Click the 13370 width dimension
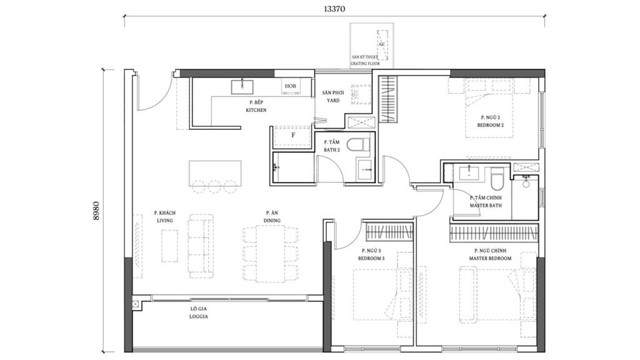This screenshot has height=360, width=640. pyautogui.click(x=334, y=9)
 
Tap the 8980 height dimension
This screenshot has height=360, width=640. pyautogui.click(x=96, y=211)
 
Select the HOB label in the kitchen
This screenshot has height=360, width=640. pyautogui.click(x=290, y=86)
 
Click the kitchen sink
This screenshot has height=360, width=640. pyautogui.click(x=242, y=87)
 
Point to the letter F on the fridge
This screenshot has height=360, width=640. pyautogui.click(x=293, y=135)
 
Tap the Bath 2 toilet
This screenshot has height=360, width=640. pyautogui.click(x=358, y=144)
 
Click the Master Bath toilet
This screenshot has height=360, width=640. pyautogui.click(x=497, y=178)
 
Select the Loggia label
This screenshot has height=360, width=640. pyautogui.click(x=199, y=312)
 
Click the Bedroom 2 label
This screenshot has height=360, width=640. pyautogui.click(x=490, y=121)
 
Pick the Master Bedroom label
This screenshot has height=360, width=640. pyautogui.click(x=490, y=254)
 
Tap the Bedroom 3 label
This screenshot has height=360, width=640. pyautogui.click(x=371, y=254)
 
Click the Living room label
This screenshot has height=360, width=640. pyautogui.click(x=165, y=217)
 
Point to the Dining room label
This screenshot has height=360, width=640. pyautogui.click(x=272, y=217)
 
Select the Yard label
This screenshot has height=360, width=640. pyautogui.click(x=333, y=97)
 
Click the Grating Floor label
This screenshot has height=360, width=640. pyautogui.click(x=365, y=61)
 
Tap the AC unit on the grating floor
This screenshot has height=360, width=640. pyautogui.click(x=382, y=45)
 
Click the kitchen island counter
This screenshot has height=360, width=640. pyautogui.click(x=215, y=174)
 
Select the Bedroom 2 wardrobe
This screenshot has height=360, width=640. pyautogui.click(x=389, y=99)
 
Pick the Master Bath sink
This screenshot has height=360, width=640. pyautogui.click(x=469, y=173)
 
